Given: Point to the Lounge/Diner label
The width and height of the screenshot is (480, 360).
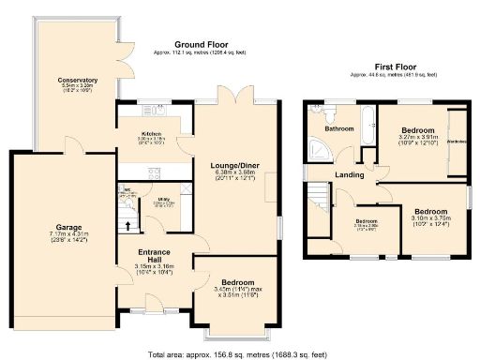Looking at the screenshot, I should pyautogui.click(x=235, y=163).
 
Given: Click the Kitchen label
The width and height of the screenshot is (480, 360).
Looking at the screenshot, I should pyautogui.click(x=151, y=134).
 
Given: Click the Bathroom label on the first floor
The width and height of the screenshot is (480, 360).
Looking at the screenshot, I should pyautogui.click(x=331, y=127).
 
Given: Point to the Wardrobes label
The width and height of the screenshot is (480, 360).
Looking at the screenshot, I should pyautogui.click(x=457, y=142).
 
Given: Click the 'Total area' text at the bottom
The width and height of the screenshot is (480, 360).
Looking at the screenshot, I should pyautogui.click(x=240, y=353).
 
